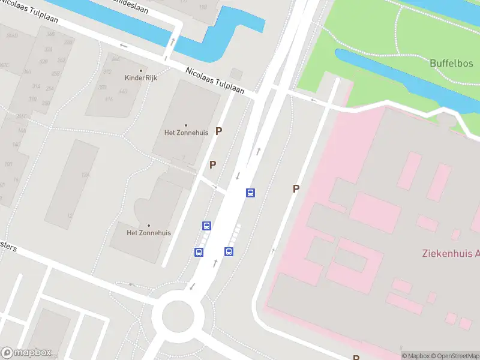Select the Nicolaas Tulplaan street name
214,80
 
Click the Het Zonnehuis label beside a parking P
185,132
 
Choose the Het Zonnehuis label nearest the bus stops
149,233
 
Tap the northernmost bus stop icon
250,193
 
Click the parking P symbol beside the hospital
296,188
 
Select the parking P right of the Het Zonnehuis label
219,131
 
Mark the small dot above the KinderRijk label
141,70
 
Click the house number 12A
86,175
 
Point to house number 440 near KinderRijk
123,91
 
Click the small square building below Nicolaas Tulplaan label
236,74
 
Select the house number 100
8,164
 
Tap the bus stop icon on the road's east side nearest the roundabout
229,251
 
